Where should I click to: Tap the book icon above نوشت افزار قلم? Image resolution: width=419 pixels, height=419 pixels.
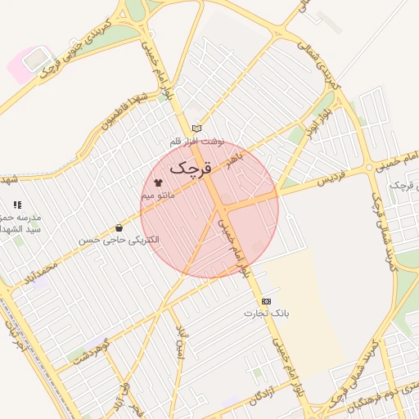click(196, 128)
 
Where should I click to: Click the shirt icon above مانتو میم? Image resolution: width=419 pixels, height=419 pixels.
click(158, 182)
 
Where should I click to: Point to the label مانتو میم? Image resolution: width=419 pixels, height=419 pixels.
click(158, 196)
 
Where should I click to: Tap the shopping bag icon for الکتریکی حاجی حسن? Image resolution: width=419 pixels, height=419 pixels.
click(119, 228)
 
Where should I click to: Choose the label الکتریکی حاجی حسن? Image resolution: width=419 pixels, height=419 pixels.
click(119, 241)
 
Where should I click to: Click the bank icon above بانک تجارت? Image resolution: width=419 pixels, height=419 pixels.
click(266, 301)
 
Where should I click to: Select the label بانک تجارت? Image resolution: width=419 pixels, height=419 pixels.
click(267, 314)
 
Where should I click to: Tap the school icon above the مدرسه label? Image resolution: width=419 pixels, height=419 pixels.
click(17, 205)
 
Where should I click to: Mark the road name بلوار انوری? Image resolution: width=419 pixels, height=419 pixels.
click(314, 119)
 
